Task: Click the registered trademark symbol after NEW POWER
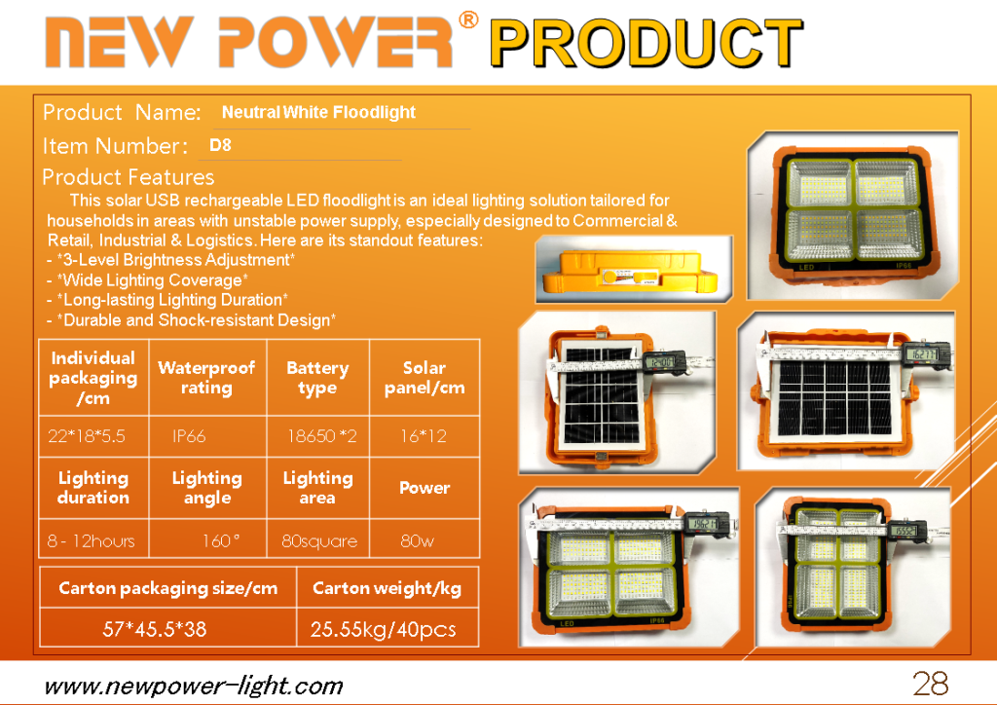click(x=468, y=20)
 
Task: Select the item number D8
click(x=220, y=145)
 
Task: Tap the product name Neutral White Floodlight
click(x=318, y=113)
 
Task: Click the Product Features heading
click(x=128, y=176)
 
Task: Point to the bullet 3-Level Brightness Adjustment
click(x=171, y=260)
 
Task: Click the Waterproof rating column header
click(x=206, y=378)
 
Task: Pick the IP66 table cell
click(x=189, y=436)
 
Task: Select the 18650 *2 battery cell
click(x=321, y=436)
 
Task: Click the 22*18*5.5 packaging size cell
click(x=87, y=436)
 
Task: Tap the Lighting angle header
click(x=207, y=488)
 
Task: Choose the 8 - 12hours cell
click(x=91, y=541)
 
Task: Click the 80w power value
click(x=417, y=541)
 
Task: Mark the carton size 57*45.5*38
click(x=155, y=629)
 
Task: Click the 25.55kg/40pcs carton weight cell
click(x=383, y=629)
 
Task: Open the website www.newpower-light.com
click(x=194, y=686)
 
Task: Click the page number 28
click(x=931, y=684)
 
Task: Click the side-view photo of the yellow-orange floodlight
click(x=633, y=268)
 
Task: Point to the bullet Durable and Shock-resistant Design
click(x=192, y=320)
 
